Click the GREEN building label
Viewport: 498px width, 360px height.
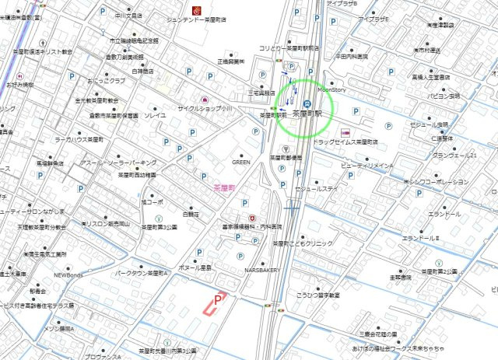pyautogui.click(x=240, y=163)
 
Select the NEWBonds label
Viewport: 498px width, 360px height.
pyautogui.click(x=68, y=274)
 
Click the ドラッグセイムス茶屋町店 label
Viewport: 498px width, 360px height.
pyautogui.click(x=345, y=142)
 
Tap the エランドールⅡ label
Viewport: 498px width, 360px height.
pyautogui.click(x=420, y=238)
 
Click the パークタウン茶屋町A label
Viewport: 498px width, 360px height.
pyautogui.click(x=142, y=273)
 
